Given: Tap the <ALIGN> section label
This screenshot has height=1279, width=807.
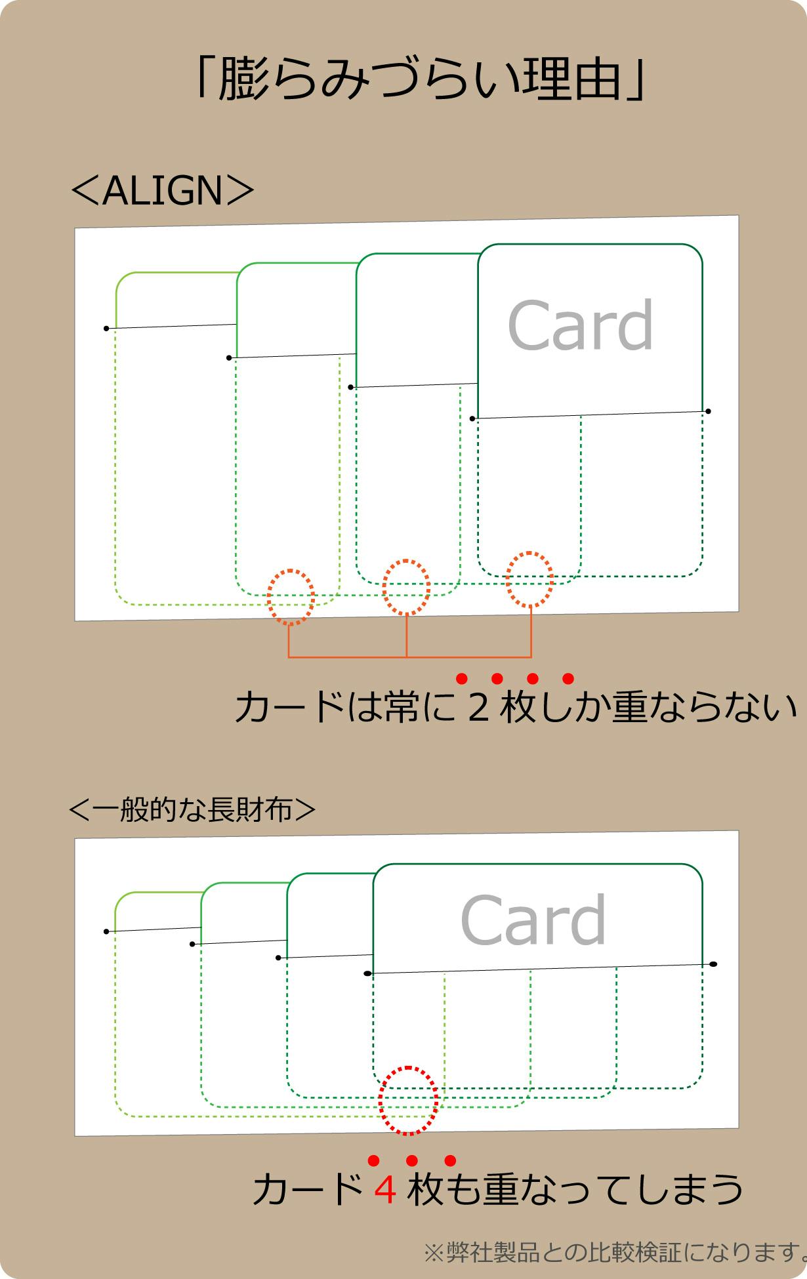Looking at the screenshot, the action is click(x=161, y=191).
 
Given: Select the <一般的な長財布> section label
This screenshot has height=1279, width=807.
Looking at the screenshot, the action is click(x=192, y=810).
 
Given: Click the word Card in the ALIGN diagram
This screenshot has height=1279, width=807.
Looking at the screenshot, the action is click(x=581, y=325).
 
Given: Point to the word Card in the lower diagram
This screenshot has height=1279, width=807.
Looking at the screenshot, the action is click(x=533, y=921).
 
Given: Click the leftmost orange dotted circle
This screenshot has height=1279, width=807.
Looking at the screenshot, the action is click(x=291, y=597).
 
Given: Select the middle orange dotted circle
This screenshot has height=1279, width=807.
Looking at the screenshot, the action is click(x=406, y=587).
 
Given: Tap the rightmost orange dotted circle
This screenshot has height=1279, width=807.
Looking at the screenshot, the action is click(x=529, y=580).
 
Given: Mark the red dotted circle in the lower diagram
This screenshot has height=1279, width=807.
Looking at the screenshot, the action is click(x=408, y=1101).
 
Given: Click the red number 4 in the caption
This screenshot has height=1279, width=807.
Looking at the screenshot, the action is click(x=385, y=1190).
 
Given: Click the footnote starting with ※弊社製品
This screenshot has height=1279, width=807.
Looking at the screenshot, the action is click(x=615, y=1252).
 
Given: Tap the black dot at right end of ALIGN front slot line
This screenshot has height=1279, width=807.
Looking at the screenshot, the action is click(x=708, y=411).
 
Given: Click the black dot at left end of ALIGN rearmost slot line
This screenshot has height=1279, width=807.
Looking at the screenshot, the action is click(x=106, y=328).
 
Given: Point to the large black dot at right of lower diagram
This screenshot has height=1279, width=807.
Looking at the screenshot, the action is click(x=713, y=964).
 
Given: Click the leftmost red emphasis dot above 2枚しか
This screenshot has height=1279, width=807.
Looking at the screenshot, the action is click(x=461, y=678).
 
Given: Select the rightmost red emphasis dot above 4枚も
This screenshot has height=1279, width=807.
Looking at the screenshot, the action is click(x=450, y=1161).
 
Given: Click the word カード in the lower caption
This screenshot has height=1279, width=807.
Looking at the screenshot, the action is click(x=308, y=1190).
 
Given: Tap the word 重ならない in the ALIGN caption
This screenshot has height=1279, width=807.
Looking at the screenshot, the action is click(x=705, y=708).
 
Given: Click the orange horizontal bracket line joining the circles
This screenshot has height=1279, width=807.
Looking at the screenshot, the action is click(x=409, y=657).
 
